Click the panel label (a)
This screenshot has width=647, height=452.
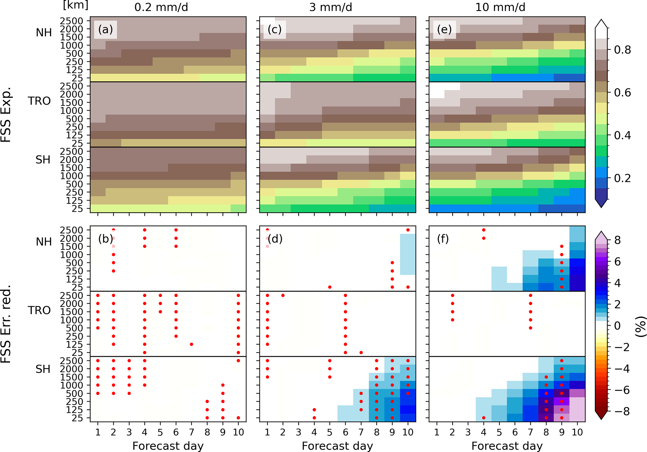point(105,30)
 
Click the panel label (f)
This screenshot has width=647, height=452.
point(443,239)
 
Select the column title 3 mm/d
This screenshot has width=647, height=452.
point(331,7)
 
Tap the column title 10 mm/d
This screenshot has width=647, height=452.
point(500,7)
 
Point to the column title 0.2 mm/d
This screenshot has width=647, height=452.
point(161,7)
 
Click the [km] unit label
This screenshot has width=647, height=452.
point(75,5)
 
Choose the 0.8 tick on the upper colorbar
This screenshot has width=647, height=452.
point(622,50)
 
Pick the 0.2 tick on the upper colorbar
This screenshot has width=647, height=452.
point(622,178)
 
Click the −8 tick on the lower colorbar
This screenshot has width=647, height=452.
point(622,411)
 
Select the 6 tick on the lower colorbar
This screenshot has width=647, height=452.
point(618,262)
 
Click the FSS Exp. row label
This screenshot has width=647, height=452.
point(6,114)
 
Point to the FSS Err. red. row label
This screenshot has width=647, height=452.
point(6,324)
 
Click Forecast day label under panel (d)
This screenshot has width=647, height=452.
point(337,446)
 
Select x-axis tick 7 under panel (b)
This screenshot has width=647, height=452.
point(192,432)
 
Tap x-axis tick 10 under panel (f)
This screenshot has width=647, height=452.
point(577,432)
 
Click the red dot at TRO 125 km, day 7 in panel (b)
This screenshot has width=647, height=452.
point(192,344)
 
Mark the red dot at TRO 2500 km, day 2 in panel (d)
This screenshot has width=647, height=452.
point(283,295)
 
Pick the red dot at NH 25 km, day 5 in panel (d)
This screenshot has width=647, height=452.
point(330,287)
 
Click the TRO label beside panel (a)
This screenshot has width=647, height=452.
point(39,101)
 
